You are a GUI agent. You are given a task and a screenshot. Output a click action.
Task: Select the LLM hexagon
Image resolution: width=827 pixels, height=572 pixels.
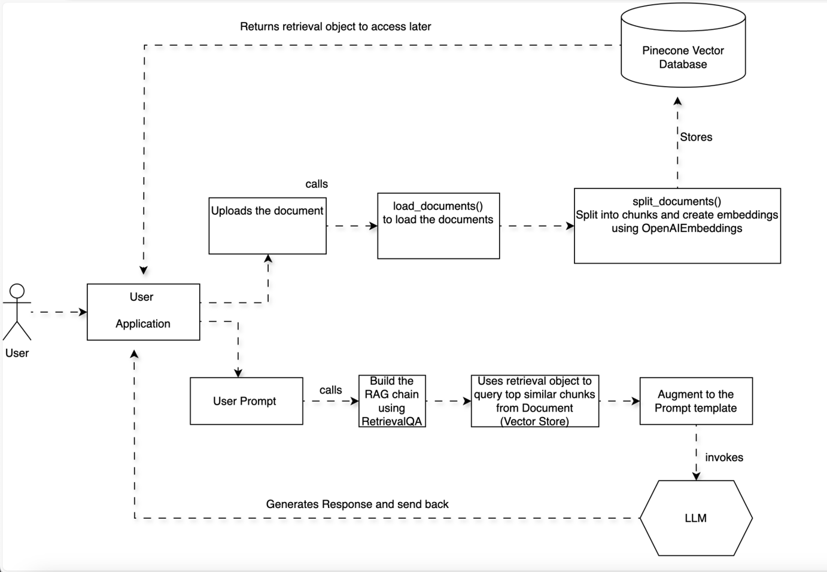click(x=695, y=518)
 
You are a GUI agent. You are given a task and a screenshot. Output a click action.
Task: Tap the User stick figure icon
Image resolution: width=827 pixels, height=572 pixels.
click(x=17, y=312)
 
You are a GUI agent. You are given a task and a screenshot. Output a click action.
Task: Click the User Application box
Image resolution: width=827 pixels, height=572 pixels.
click(x=143, y=312)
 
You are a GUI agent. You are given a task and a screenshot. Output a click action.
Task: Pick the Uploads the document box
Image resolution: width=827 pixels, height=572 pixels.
click(x=267, y=226)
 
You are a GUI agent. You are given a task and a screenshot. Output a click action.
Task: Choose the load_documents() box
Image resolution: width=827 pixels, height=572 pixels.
click(x=438, y=226)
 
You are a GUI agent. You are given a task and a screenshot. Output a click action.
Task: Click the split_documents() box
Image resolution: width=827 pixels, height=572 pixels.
click(x=677, y=226)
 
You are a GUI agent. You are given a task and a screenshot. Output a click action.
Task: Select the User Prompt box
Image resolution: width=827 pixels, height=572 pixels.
click(x=246, y=401)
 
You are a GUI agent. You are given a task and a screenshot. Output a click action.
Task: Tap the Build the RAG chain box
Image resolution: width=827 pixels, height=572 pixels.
click(x=392, y=401)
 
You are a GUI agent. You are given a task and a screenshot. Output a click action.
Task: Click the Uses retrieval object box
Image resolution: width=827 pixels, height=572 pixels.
click(x=534, y=401)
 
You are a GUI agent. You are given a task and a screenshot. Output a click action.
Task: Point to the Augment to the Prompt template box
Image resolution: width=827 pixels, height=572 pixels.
click(x=696, y=401)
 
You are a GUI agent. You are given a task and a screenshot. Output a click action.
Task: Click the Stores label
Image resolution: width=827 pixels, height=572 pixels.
click(x=696, y=137)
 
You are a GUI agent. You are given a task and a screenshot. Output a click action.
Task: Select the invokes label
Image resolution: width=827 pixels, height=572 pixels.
click(x=723, y=458)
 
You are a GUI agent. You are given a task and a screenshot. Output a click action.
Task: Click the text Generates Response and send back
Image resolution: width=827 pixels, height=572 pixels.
click(x=357, y=504)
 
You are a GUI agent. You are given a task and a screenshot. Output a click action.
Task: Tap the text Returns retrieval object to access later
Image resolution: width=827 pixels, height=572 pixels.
click(x=335, y=26)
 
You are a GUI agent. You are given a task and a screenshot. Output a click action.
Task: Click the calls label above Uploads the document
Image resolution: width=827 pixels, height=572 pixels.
click(x=317, y=184)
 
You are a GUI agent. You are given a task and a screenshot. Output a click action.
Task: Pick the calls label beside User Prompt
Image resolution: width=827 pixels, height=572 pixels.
click(x=330, y=390)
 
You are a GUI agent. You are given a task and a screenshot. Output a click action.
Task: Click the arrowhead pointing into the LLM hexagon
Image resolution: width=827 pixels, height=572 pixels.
click(x=696, y=476)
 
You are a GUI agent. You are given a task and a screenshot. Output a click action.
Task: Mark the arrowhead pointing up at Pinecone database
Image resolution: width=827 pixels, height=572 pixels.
click(x=677, y=102)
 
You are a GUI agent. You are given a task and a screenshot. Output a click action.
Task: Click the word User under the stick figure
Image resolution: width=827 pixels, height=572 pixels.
click(x=17, y=353)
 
